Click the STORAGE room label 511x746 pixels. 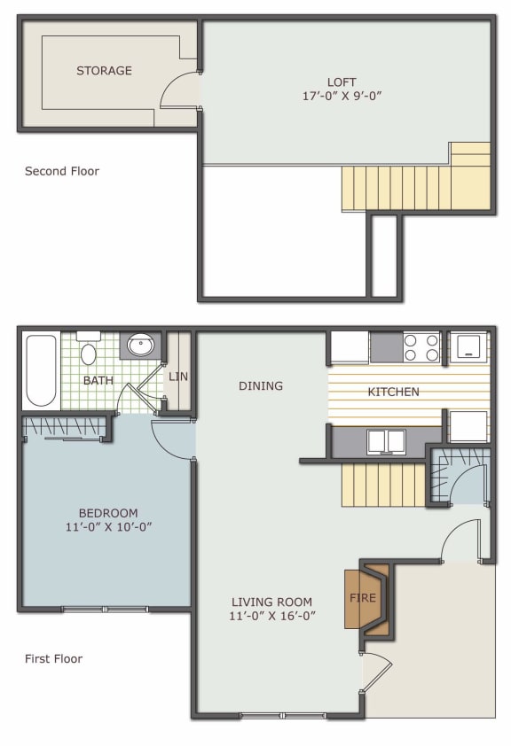[104, 71]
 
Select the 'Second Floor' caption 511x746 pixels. [62, 171]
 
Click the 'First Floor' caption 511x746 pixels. [53, 658]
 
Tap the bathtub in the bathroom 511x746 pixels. [41, 369]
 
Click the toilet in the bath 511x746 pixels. [89, 352]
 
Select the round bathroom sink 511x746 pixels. [141, 345]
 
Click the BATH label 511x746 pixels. [98, 380]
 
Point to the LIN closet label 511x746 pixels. [177, 377]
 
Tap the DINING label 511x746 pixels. [261, 385]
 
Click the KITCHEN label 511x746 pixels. [394, 392]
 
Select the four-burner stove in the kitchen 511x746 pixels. [421, 346]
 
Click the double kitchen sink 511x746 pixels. [386, 440]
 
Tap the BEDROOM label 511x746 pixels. [108, 513]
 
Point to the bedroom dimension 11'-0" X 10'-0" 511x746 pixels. [108, 527]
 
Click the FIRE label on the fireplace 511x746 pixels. [364, 598]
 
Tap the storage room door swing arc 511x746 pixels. [177, 89]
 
